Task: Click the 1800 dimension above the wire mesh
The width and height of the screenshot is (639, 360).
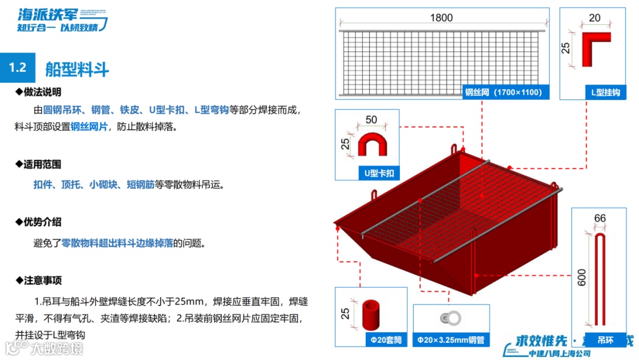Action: [441, 18]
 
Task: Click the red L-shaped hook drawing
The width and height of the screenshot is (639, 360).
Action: [596, 49]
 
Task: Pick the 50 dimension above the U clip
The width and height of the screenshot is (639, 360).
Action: [371, 120]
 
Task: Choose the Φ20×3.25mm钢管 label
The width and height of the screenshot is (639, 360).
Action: [451, 340]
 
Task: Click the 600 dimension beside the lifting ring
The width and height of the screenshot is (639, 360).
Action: [582, 278]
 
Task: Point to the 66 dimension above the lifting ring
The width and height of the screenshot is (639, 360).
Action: [599, 218]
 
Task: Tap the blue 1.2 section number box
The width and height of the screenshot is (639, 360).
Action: [18, 67]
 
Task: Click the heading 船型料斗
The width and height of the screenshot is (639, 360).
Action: [77, 69]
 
